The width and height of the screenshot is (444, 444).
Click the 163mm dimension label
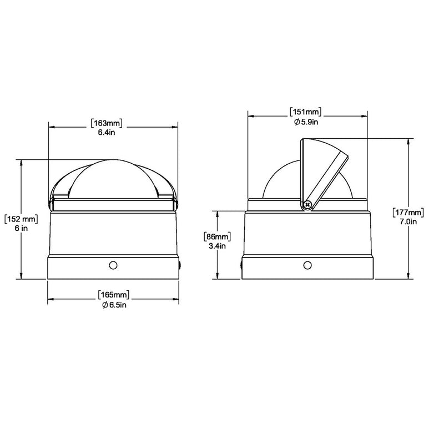click(107, 123)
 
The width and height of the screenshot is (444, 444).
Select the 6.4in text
click(107, 132)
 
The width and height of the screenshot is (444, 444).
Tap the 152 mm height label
click(21, 219)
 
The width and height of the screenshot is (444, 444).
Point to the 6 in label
click(21, 228)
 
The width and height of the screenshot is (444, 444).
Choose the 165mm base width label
click(113, 295)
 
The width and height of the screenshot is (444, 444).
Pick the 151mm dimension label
click(306, 112)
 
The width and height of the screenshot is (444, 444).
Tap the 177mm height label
click(408, 212)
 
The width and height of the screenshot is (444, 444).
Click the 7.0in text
click(408, 221)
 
